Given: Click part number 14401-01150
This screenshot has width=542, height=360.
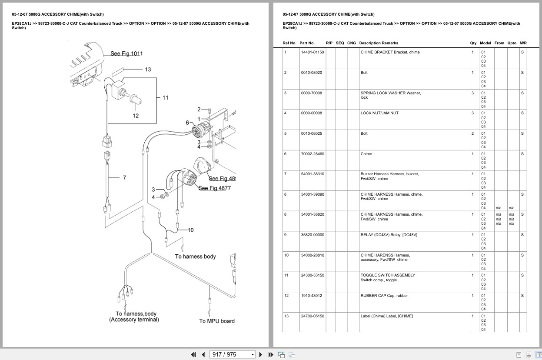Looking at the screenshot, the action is (x=312, y=52).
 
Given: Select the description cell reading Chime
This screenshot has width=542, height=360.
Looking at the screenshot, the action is (x=366, y=154).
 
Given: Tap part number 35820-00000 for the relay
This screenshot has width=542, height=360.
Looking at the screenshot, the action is (x=313, y=235).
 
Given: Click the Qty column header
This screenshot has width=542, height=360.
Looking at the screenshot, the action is (x=473, y=43).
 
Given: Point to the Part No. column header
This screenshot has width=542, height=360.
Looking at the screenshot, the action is (x=307, y=43).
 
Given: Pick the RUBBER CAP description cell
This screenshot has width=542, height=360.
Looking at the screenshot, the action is (x=384, y=296).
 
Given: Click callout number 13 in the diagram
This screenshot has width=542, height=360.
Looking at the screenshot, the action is (x=148, y=70).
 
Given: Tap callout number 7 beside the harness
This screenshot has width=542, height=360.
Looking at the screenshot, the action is (x=124, y=178).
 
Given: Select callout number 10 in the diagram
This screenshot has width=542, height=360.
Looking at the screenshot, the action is (x=191, y=230).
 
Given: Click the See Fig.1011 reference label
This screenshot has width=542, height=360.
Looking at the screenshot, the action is (x=126, y=53).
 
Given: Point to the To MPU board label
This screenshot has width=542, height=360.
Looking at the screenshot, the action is (x=217, y=321).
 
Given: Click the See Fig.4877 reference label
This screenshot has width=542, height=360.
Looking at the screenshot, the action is (x=214, y=188).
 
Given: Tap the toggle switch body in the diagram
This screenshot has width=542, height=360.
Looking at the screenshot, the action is (x=118, y=90).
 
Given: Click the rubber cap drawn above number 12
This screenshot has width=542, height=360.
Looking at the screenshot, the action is (x=136, y=99).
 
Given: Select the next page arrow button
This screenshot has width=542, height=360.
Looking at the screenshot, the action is (x=260, y=355).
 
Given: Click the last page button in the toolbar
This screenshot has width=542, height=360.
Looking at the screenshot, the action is (x=271, y=355).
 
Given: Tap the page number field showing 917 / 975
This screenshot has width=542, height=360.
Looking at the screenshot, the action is (x=232, y=355).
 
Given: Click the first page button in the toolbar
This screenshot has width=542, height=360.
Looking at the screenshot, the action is (x=193, y=355).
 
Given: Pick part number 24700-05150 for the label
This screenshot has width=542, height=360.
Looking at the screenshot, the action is (x=313, y=316).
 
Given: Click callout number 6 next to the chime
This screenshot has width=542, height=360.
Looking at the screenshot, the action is (x=187, y=123).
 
